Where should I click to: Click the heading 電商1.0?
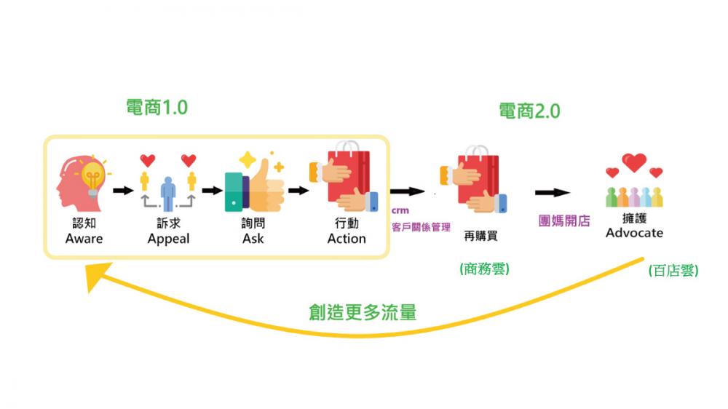click(157, 107)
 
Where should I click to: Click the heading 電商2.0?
click(529, 111)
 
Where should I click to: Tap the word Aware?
click(84, 239)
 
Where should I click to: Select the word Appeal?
click(169, 239)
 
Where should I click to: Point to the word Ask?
click(253, 239)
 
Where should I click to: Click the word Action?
click(347, 239)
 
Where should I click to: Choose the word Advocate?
click(634, 233)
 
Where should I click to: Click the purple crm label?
click(400, 210)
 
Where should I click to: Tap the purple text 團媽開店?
click(564, 221)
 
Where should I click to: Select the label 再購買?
click(480, 236)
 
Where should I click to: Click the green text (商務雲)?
click(484, 269)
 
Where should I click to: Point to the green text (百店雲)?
click(673, 270)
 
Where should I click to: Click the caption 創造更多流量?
click(363, 312)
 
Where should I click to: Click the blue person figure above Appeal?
click(168, 193)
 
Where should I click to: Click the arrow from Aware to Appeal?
click(124, 191)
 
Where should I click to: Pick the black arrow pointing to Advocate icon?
click(553, 192)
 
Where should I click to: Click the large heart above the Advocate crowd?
click(634, 162)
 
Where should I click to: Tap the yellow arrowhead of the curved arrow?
click(98, 275)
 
